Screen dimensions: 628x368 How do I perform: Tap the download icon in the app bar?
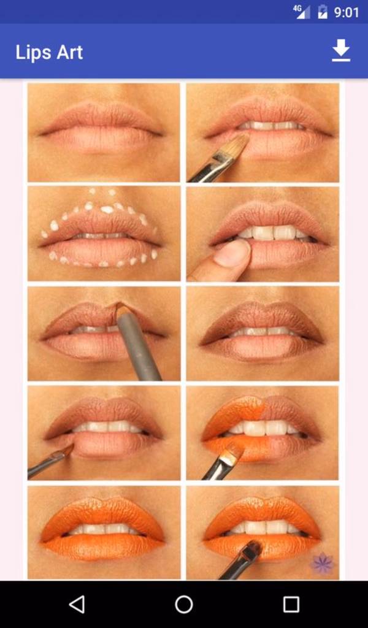(341, 51)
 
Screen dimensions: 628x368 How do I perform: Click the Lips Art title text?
(49, 53)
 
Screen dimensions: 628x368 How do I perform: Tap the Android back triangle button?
(77, 605)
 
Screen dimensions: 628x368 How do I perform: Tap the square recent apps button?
(291, 605)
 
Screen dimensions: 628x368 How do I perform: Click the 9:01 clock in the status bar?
(347, 12)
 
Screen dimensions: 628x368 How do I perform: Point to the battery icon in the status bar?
(323, 12)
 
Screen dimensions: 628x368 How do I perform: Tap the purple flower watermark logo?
(322, 562)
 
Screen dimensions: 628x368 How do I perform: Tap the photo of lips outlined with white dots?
(104, 234)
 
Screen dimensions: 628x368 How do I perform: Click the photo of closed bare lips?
(104, 132)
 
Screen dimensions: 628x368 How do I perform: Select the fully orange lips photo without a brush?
(104, 532)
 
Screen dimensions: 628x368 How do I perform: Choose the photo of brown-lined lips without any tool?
(263, 334)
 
